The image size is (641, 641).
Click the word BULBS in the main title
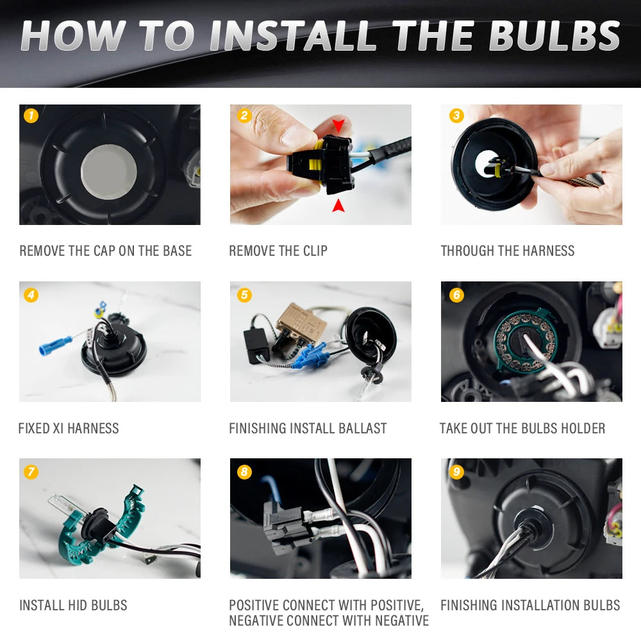pyautogui.click(x=554, y=35)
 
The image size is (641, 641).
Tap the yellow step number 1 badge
pyautogui.click(x=31, y=115)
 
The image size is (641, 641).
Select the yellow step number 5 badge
pyautogui.click(x=244, y=295)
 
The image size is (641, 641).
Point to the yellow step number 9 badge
pyautogui.click(x=456, y=472)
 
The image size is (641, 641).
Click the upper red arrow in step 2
pyautogui.click(x=338, y=125)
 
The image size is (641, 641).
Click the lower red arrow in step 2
pyautogui.click(x=338, y=206)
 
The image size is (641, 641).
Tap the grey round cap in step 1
pyautogui.click(x=109, y=172)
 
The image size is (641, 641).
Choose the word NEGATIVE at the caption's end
pyautogui.click(x=402, y=620)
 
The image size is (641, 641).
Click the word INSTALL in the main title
pyautogui.click(x=293, y=35)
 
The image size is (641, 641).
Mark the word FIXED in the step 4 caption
pyautogui.click(x=34, y=428)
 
